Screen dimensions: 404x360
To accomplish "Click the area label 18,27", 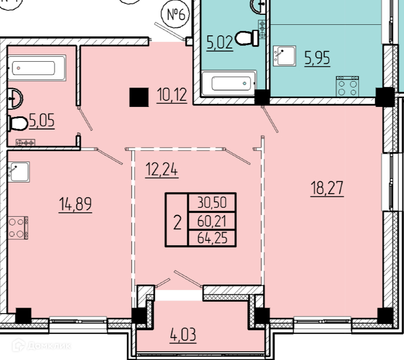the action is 327,188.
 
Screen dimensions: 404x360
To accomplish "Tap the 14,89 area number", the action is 76,204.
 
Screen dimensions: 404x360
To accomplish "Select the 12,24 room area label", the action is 161,169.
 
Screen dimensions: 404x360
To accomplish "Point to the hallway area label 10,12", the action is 172,95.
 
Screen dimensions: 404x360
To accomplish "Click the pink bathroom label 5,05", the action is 42,120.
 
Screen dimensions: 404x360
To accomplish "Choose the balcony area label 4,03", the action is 183,335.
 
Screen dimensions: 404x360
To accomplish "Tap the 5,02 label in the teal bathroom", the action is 220,42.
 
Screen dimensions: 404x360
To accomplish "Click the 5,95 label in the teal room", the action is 317,58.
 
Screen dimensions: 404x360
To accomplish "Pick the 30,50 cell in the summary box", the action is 212,202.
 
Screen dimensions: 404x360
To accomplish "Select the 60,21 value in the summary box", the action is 212,221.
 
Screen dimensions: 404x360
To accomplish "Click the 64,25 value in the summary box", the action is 212,238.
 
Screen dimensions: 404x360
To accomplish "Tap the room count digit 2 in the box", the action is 177,222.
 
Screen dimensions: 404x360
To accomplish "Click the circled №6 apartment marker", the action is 175,14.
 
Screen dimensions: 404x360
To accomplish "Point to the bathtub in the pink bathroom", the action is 36,68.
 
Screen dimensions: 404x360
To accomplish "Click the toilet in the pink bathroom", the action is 18,123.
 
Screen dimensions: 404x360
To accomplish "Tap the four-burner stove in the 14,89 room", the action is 18,228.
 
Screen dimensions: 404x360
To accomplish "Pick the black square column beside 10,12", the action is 139,97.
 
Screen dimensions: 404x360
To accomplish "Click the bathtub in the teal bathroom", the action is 229,83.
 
